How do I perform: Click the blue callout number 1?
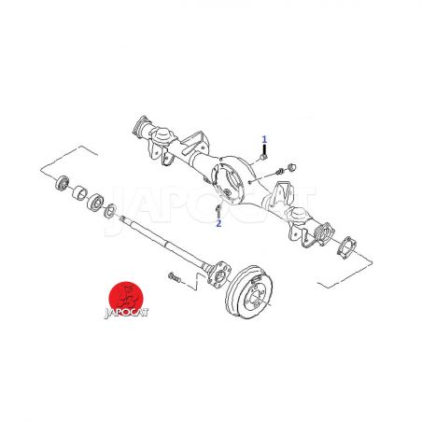coord(264,139)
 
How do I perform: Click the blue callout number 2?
coord(218,223)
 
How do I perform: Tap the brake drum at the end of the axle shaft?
coord(249,291)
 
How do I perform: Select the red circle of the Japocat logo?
coord(126,298)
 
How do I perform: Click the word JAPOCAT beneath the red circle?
coord(126,312)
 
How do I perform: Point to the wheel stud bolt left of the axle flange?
coord(175,276)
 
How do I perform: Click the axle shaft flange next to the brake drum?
coord(219,273)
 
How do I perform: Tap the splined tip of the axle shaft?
coord(122,218)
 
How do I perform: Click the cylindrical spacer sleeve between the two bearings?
coord(80,192)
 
